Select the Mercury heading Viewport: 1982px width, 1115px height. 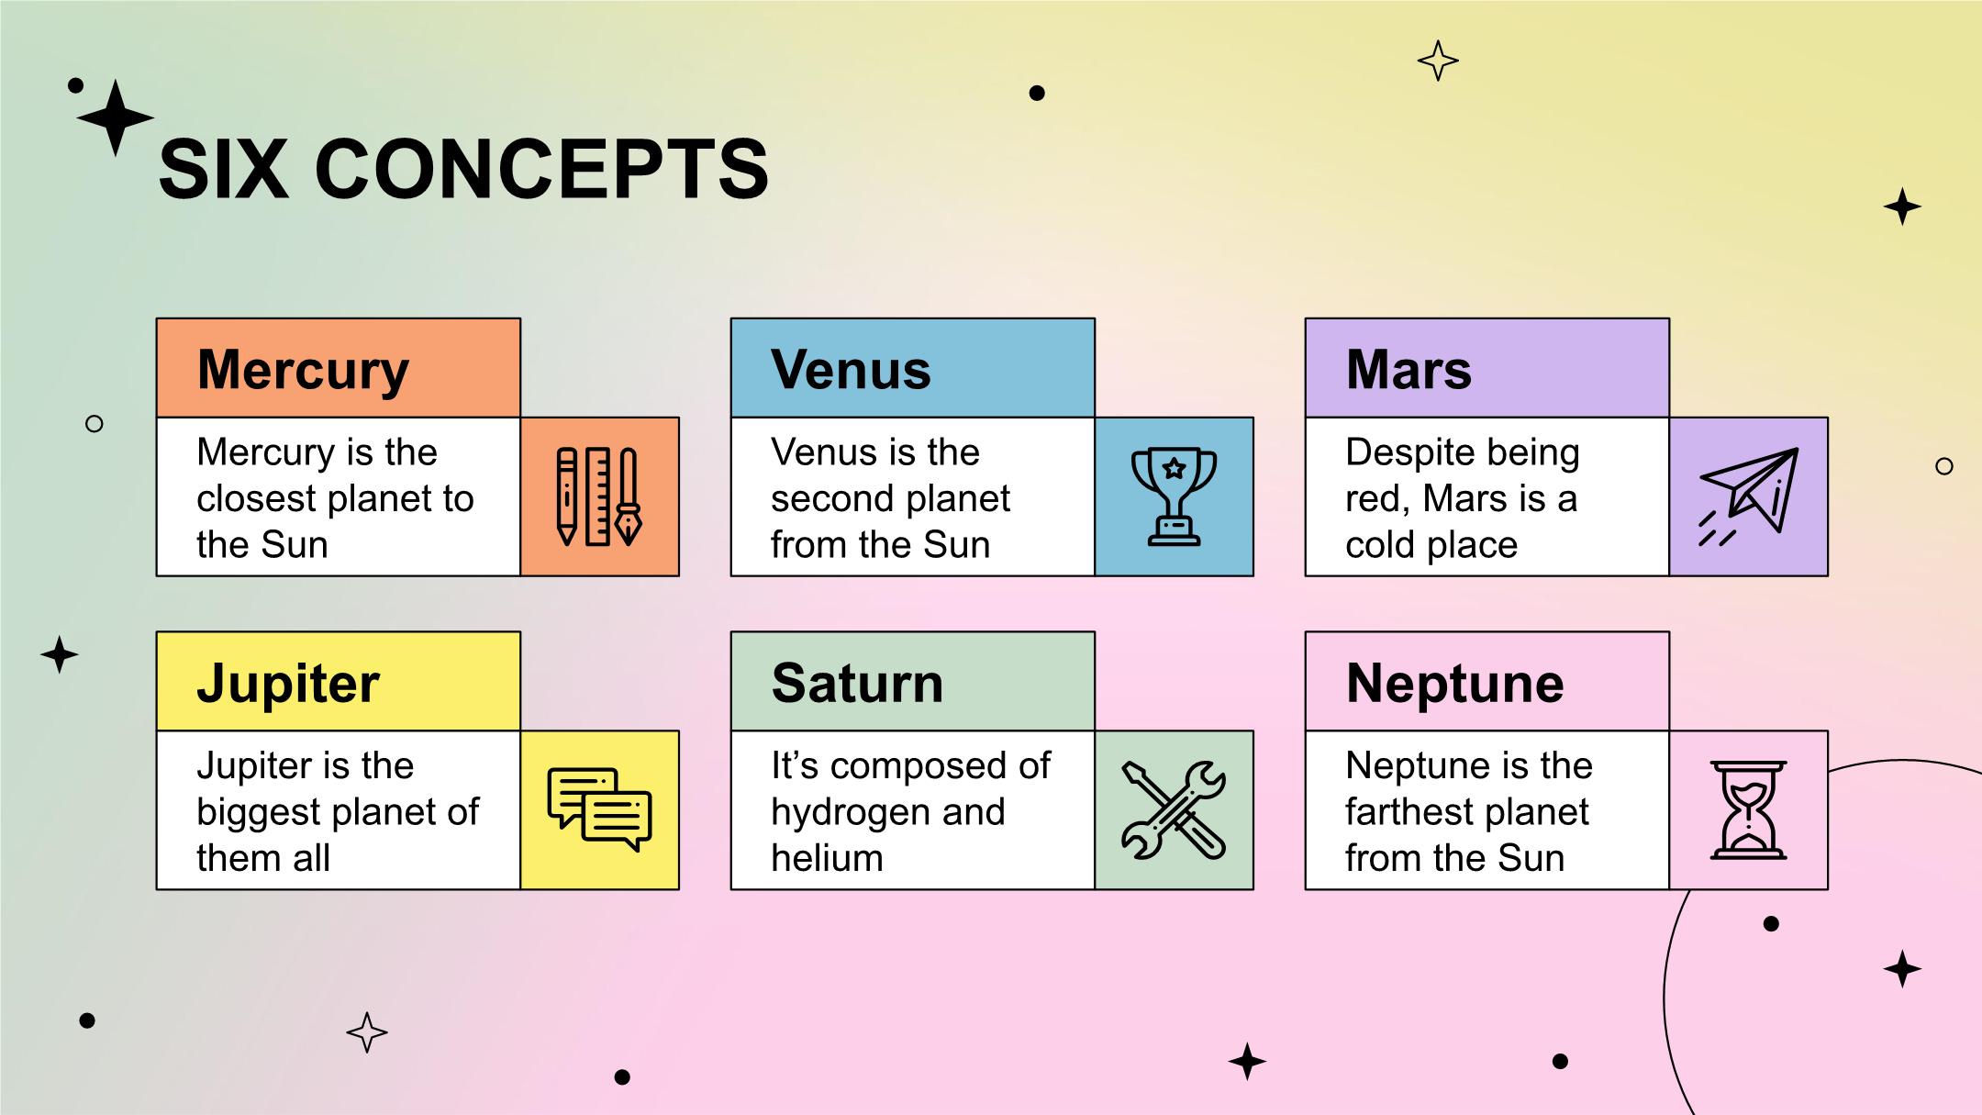(303, 371)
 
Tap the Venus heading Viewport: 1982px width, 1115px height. (851, 370)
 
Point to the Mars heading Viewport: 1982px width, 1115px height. (1409, 370)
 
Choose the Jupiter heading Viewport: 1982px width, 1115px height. (288, 685)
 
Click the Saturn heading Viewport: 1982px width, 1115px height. (857, 684)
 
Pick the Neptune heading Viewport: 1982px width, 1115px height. (1454, 685)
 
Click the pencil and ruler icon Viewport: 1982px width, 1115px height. (599, 496)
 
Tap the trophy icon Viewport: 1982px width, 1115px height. (1174, 496)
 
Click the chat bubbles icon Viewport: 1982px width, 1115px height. (599, 809)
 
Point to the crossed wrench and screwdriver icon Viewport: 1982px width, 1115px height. (1174, 809)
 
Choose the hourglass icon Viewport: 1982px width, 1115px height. (1748, 809)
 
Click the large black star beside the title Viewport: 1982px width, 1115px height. (115, 117)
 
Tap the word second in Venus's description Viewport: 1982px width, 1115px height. (830, 499)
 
